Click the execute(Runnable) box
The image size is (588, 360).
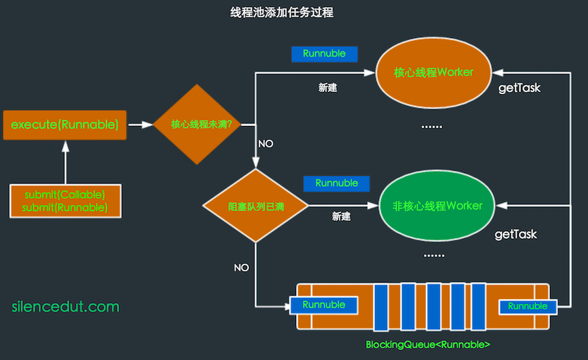click(x=65, y=125)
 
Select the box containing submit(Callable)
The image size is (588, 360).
click(x=65, y=201)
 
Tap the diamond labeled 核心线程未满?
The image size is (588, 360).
click(x=201, y=125)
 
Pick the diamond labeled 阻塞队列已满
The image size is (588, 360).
click(x=256, y=206)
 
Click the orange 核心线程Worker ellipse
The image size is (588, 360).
click(x=434, y=72)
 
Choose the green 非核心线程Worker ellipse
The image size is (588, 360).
click(x=437, y=206)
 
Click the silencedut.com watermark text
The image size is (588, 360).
click(x=66, y=307)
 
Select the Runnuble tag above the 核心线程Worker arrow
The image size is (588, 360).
click(x=324, y=53)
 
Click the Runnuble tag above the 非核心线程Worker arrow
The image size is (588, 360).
click(x=336, y=183)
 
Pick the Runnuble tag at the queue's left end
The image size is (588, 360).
click(x=324, y=305)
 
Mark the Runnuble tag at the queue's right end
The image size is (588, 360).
click(x=528, y=306)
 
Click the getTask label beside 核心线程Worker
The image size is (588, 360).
click(x=520, y=88)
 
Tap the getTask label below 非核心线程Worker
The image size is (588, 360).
click(x=515, y=235)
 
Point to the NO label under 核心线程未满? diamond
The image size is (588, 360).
click(x=266, y=144)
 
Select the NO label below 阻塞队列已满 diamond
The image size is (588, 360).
click(x=241, y=267)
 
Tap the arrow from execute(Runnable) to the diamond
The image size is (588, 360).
click(x=141, y=125)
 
